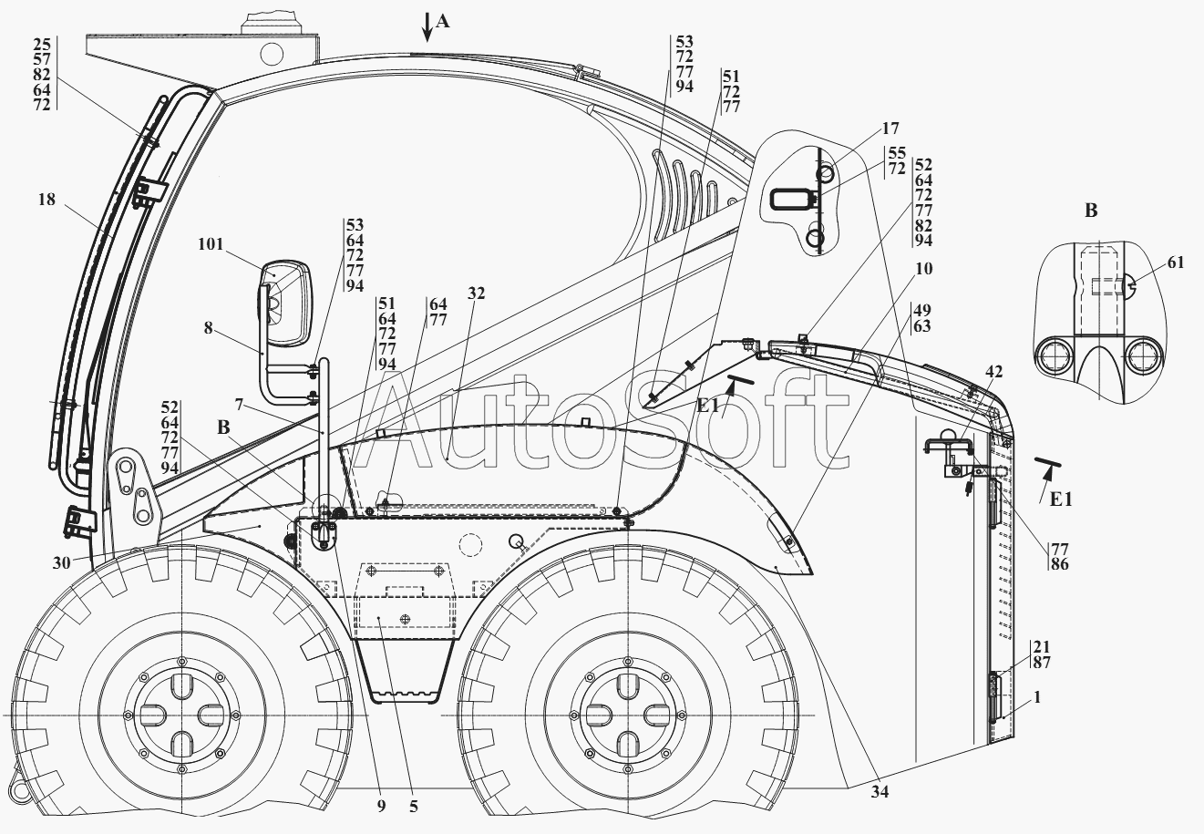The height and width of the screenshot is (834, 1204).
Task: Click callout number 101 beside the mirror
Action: [x=211, y=244]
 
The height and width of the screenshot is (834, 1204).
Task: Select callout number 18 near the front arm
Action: [x=46, y=200]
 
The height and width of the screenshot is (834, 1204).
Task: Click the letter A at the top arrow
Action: [x=442, y=22]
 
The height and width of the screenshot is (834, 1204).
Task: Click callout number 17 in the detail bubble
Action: [x=890, y=129]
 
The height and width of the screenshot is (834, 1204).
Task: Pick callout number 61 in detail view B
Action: [x=1176, y=263]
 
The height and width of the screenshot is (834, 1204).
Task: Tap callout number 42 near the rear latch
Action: [x=993, y=372]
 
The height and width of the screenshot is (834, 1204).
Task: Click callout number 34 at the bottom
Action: [x=880, y=791]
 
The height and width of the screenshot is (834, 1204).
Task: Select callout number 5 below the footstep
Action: [x=414, y=806]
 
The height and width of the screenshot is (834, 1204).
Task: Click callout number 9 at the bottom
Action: [x=381, y=806]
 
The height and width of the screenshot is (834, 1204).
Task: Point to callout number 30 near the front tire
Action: [x=61, y=562]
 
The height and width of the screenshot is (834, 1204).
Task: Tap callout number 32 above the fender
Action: [x=477, y=293]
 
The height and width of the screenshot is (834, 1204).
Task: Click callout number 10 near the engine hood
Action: [x=923, y=269]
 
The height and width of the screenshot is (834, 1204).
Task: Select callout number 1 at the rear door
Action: [x=1037, y=697]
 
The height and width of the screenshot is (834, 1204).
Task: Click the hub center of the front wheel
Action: [x=181, y=716]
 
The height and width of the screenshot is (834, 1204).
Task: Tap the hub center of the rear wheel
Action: [x=627, y=716]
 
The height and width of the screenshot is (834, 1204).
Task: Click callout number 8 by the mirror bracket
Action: [x=209, y=328]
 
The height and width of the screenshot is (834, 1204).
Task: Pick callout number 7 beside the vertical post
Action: [x=239, y=403]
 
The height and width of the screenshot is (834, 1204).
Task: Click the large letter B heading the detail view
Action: [x=1091, y=211]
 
